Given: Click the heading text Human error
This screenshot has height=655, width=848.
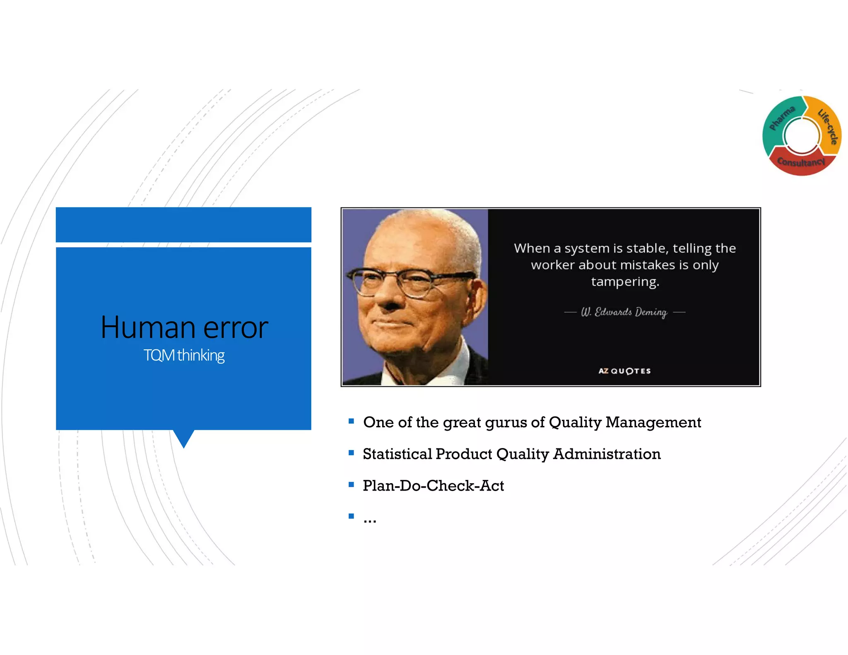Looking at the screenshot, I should point(184,327).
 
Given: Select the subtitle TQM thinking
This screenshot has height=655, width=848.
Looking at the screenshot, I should point(184,355).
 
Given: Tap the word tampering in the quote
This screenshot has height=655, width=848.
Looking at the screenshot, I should point(624,282).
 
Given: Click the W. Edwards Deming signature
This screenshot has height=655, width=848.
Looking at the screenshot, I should point(624,312).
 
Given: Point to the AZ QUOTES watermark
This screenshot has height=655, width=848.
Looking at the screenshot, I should point(624,371).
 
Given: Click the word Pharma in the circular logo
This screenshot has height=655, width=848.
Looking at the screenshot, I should point(782,118).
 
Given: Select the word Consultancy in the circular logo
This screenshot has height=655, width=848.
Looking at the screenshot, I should point(801,162).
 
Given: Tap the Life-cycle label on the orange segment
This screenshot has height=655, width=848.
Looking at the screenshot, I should point(828,127).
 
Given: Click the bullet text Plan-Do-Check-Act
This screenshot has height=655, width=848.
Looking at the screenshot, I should point(433,486).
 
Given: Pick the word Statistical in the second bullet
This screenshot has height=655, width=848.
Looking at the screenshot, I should point(397,454).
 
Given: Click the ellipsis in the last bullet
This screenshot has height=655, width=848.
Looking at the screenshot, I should point(370,520).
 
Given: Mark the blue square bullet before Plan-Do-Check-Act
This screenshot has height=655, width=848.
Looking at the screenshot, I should point(352,484).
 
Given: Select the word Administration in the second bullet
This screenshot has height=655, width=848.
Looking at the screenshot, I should point(607,454).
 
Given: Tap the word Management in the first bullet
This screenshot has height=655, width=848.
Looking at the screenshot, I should point(653,423).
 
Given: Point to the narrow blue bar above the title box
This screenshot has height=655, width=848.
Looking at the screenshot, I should point(183,224).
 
